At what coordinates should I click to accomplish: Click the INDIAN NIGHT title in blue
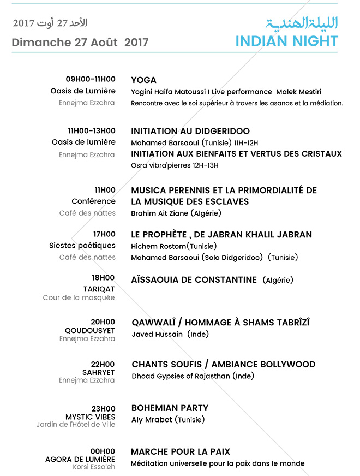(286, 41)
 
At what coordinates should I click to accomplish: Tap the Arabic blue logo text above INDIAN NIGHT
(302, 23)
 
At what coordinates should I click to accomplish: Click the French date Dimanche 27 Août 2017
(80, 43)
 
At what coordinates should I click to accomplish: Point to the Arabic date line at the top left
(50, 23)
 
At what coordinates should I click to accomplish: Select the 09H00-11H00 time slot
(91, 80)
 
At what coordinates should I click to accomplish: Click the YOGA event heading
(143, 80)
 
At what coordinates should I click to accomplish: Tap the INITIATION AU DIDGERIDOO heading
(190, 131)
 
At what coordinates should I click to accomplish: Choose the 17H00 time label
(105, 235)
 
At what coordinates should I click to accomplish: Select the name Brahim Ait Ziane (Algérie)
(176, 213)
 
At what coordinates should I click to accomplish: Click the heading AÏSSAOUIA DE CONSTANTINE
(194, 280)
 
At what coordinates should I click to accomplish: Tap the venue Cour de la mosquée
(79, 298)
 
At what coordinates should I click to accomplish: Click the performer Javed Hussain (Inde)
(170, 334)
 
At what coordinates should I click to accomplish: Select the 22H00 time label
(103, 364)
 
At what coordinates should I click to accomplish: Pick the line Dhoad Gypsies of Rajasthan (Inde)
(193, 376)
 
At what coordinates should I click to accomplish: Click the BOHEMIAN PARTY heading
(170, 408)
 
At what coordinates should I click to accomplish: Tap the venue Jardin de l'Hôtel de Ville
(76, 425)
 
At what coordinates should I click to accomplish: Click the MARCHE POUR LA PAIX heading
(181, 452)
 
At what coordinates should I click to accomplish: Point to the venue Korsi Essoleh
(94, 467)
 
